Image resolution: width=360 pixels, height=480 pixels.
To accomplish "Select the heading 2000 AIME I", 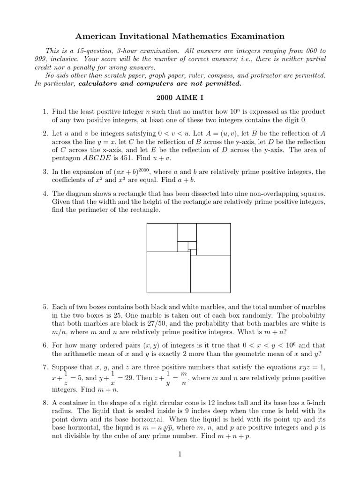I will click(180, 99).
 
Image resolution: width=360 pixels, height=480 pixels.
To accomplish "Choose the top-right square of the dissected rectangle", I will click(213, 239).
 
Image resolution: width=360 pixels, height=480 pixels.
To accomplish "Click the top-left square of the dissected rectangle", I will click(162, 238).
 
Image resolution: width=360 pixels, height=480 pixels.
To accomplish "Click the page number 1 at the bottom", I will click(180, 454).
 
